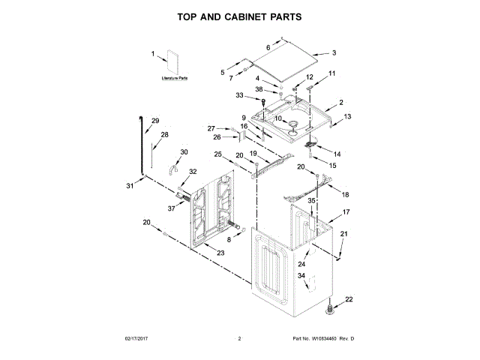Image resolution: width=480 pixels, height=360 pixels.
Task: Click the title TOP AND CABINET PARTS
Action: [x=239, y=15]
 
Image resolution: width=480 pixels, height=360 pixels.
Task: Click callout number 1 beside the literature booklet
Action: [x=153, y=54]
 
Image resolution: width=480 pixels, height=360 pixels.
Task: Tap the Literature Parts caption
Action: [x=174, y=78]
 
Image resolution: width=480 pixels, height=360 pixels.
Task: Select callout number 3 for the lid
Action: [x=334, y=53]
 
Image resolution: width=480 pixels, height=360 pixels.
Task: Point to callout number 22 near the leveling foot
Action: [x=348, y=300]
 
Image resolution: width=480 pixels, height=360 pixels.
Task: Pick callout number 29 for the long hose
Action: [x=156, y=121]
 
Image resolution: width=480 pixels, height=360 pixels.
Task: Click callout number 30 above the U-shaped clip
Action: [x=184, y=152]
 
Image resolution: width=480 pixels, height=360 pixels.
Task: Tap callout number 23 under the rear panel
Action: [x=220, y=253]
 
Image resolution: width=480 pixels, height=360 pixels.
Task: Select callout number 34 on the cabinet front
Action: [x=301, y=276]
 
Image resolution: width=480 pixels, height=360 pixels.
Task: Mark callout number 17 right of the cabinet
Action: [x=346, y=213]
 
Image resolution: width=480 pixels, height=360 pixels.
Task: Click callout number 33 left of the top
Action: [x=240, y=95]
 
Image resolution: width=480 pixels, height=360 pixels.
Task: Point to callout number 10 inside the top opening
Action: [x=277, y=118]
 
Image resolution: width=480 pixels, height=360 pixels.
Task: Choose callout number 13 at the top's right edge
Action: [x=347, y=117]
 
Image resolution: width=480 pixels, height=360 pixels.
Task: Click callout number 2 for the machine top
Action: [x=340, y=102]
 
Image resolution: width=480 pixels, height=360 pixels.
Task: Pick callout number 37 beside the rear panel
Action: [x=171, y=208]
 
